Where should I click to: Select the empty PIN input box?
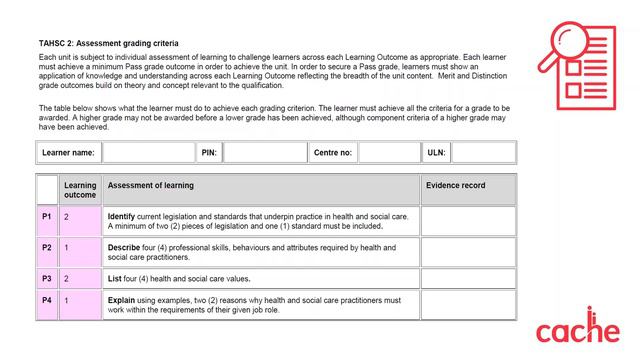coord(264,153)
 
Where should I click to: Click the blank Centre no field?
coord(389,153)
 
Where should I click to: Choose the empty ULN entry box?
coord(484,153)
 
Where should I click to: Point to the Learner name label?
coord(68,153)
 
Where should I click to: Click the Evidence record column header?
coord(455,186)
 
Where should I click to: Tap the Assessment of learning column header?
coord(150,186)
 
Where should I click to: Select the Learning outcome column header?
coord(80,190)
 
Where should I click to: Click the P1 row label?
coord(47,216)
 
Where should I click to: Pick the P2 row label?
coord(47,247)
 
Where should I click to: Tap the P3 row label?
coord(47,278)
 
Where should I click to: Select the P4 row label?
coord(47,300)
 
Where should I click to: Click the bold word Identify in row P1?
coord(121,216)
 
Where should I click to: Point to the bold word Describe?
coord(124,247)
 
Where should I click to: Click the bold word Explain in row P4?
coord(122,300)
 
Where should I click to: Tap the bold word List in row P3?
coord(115,278)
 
